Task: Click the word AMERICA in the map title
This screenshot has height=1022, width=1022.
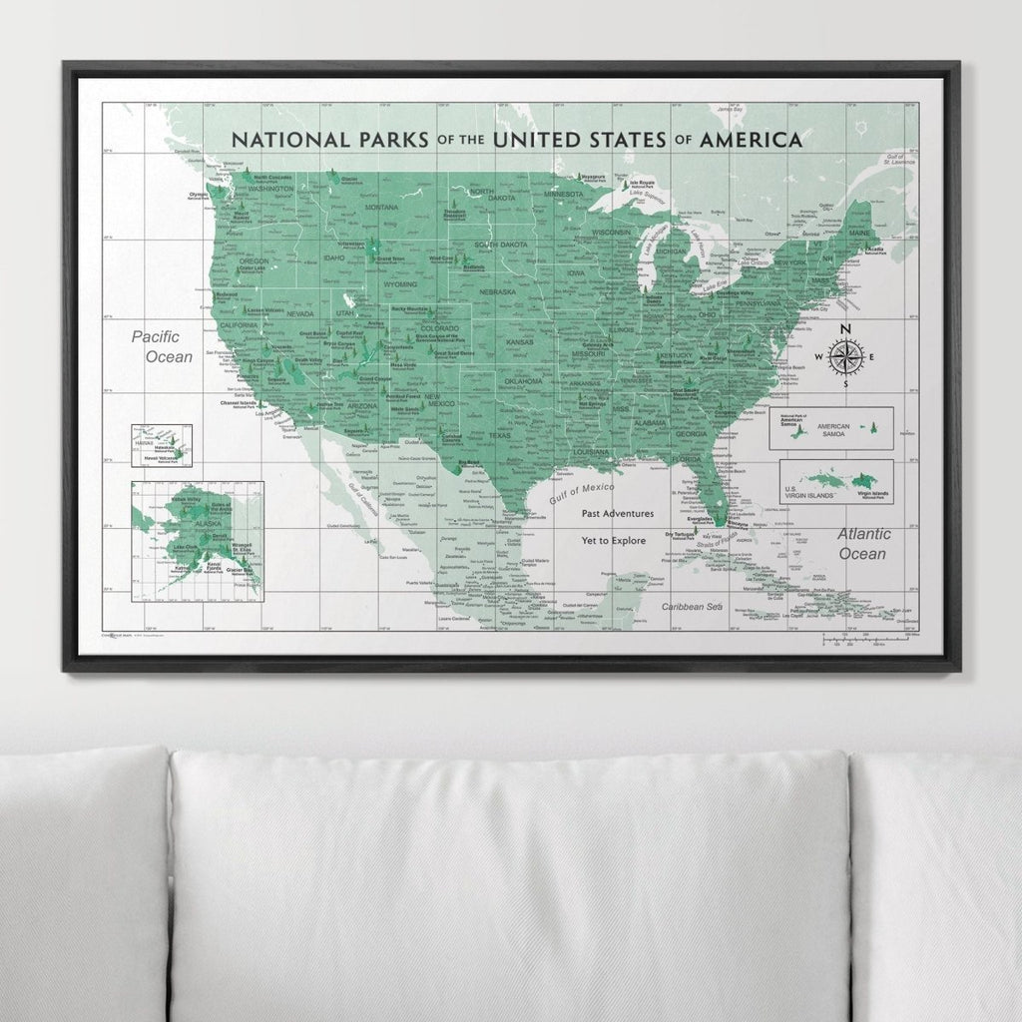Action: point(751,140)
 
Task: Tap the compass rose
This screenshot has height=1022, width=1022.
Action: point(845,357)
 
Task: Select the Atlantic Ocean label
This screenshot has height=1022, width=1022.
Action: point(863,544)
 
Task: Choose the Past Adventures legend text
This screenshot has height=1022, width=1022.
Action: point(618,514)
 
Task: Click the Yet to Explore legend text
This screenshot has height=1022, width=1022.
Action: point(615,540)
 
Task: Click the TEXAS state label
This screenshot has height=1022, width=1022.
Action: point(499,436)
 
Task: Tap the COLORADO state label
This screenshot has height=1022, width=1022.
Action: point(439,327)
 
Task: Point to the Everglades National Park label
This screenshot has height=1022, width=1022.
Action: point(701,521)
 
